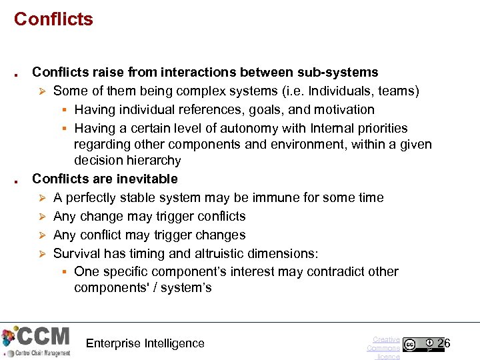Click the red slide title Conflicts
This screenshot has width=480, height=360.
pos(53,19)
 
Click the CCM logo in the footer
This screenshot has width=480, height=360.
pos(37,341)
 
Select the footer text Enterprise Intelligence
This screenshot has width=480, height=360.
pos(145,343)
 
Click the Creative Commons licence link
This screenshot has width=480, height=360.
pos(385,347)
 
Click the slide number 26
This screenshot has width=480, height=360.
pos(444,343)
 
